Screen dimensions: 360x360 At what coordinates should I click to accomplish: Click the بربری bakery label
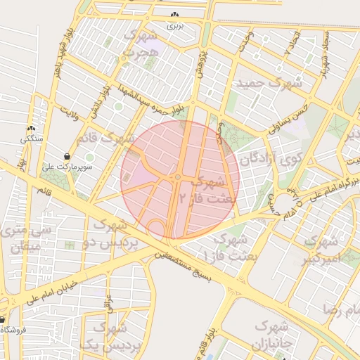[x=174, y=26]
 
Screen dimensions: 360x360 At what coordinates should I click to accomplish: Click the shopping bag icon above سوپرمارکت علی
[x=67, y=155]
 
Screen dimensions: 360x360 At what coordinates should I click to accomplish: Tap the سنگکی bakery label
[x=32, y=139]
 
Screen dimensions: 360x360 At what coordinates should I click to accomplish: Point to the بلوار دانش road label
[x=98, y=102]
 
